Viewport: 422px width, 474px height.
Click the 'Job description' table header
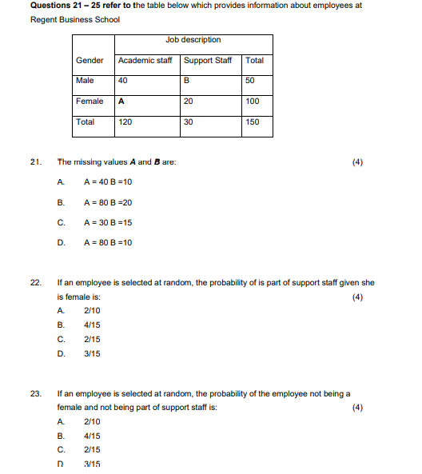(x=193, y=40)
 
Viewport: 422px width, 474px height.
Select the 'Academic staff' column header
(x=145, y=61)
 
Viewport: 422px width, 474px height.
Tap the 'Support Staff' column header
(x=208, y=61)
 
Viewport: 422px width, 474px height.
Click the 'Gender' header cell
(x=90, y=61)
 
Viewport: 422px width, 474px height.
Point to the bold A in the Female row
(x=121, y=102)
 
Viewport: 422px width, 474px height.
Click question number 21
(x=35, y=162)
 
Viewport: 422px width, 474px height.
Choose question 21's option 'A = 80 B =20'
(x=108, y=202)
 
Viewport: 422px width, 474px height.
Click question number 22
(x=35, y=282)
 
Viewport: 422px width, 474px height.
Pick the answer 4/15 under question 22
(x=92, y=325)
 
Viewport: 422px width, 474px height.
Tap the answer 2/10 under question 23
(x=92, y=421)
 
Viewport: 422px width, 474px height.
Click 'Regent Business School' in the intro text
(x=75, y=19)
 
